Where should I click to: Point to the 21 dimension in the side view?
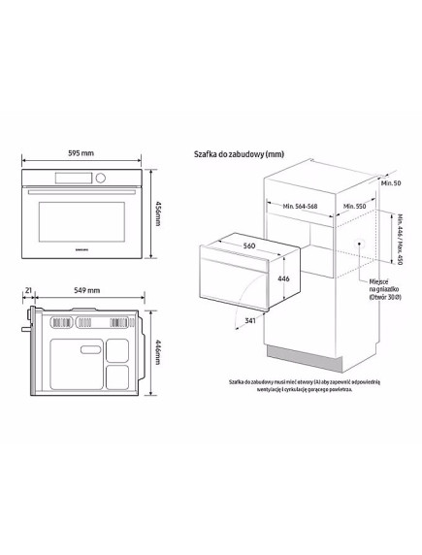point(31,290)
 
